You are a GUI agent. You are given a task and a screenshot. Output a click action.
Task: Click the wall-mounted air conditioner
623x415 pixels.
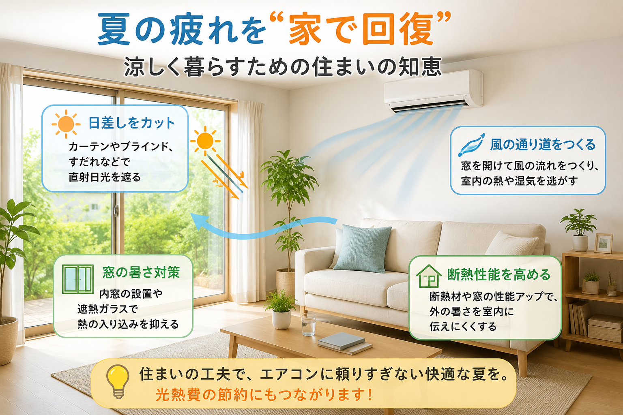pos(433,92)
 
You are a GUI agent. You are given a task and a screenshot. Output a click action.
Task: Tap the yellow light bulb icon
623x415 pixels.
pos(118,381)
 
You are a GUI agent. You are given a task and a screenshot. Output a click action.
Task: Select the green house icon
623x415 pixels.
pos(429,276)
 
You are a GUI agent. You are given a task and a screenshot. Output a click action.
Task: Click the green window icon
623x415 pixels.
pos(77,279)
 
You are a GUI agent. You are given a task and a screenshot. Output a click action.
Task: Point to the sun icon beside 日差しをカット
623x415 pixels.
pos(66,124)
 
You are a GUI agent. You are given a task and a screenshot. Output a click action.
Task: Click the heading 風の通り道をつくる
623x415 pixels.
pos(543,145)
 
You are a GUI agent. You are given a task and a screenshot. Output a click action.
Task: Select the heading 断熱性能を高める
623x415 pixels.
pos(499,274)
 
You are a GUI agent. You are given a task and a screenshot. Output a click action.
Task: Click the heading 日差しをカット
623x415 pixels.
pos(131,123)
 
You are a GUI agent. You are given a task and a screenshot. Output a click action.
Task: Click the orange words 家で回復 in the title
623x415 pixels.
pos(361,30)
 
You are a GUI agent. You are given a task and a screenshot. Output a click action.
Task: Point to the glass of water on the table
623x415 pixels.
pos(308,324)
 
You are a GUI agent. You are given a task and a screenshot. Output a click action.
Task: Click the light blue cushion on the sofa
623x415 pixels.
pos(362,248)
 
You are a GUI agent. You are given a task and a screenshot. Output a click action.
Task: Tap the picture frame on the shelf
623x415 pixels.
pos(603,243)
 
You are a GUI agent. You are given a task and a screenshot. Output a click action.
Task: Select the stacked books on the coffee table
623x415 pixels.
pos(345,343)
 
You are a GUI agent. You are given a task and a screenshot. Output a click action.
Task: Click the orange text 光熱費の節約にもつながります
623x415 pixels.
pos(263,395)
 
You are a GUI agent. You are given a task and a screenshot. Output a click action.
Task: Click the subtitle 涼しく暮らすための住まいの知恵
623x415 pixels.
pos(283,67)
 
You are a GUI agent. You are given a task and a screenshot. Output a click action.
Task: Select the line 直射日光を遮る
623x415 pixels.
pos(105,177)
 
